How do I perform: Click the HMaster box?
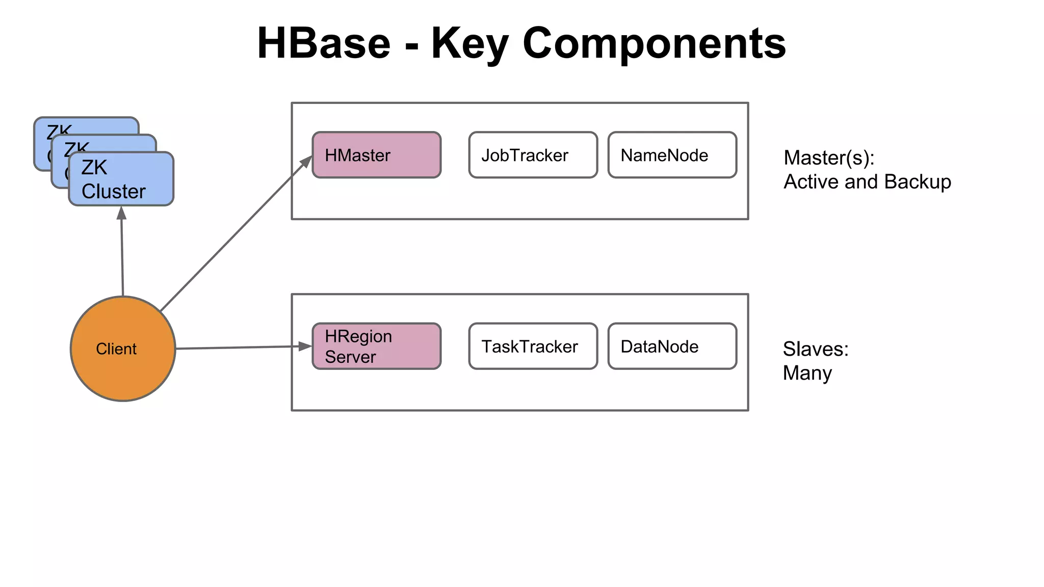point(376,155)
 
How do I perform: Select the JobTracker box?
point(533,155)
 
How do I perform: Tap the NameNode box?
point(672,155)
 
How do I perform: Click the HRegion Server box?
point(376,346)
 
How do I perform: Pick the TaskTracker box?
point(533,346)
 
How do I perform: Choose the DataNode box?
point(672,346)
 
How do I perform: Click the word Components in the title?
point(654,43)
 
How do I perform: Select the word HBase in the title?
point(323,43)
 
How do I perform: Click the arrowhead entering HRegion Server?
point(305,346)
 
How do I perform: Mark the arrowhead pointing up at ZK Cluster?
point(121,213)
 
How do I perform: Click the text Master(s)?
point(829,158)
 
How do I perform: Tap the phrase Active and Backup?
point(867,182)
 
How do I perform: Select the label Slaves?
point(815,349)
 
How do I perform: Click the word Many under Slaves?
point(807,373)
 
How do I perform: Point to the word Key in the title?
point(469,43)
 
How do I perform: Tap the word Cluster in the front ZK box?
point(113,192)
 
